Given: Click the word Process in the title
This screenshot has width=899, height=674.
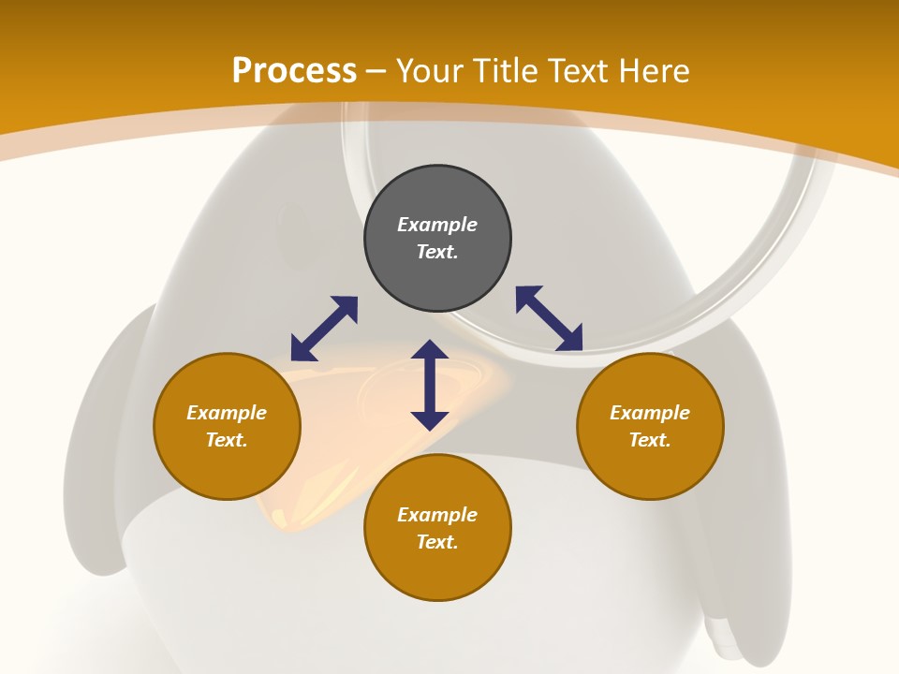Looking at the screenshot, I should pyautogui.click(x=294, y=71).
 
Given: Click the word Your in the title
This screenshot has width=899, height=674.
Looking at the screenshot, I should pyautogui.click(x=429, y=71).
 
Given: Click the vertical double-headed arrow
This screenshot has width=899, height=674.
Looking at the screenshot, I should pyautogui.click(x=430, y=385).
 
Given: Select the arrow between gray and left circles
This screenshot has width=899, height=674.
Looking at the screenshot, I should pyautogui.click(x=324, y=329).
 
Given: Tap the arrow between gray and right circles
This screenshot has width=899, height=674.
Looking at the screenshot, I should pyautogui.click(x=550, y=318).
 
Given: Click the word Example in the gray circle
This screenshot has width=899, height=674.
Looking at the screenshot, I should pyautogui.click(x=437, y=225).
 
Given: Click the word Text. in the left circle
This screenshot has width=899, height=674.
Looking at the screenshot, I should pyautogui.click(x=227, y=440).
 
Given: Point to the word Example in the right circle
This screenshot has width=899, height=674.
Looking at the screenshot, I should pyautogui.click(x=650, y=413).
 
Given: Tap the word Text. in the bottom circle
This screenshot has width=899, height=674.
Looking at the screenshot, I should pyautogui.click(x=437, y=542).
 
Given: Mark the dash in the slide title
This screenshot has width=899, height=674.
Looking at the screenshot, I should pyautogui.click(x=376, y=72).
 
